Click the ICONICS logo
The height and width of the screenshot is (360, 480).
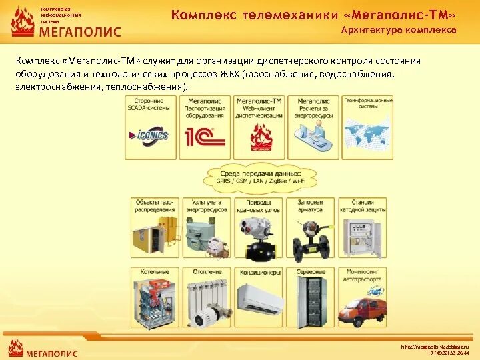151,136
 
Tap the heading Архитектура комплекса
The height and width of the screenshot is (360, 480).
399,30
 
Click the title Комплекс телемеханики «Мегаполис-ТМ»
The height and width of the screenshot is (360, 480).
313,15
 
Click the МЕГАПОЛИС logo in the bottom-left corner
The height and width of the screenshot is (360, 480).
43,349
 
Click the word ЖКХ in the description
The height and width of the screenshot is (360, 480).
232,74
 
